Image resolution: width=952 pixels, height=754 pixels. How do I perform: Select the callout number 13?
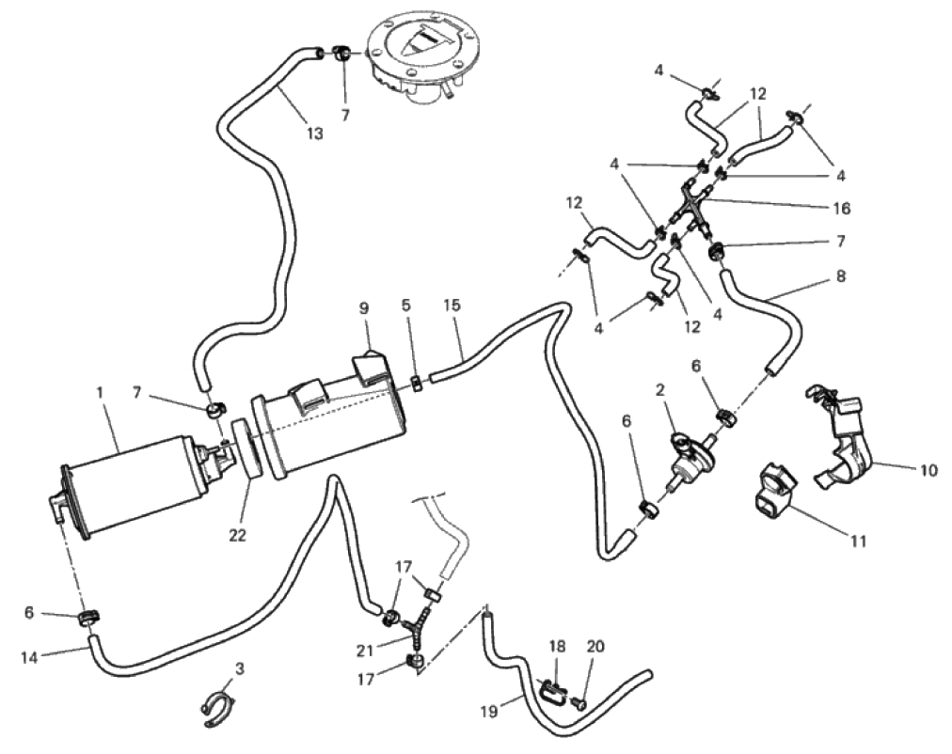314,134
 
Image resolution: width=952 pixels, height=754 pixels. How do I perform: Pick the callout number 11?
858,542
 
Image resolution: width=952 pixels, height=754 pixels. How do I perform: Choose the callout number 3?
241,668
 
